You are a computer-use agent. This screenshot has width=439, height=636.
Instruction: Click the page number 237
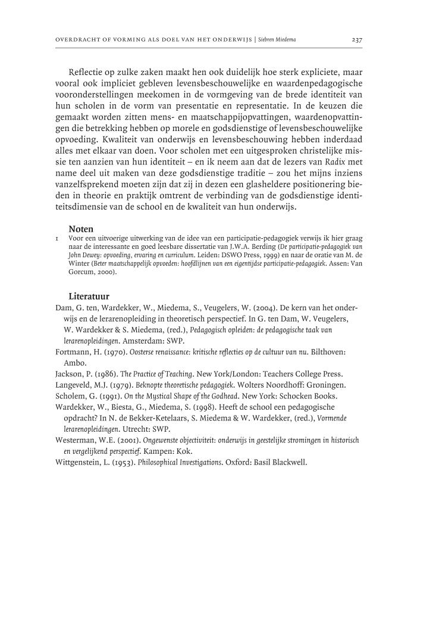(357, 40)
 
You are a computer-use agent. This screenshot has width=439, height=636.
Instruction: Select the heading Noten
(81, 228)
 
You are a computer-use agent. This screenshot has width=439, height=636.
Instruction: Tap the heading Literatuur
(89, 296)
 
